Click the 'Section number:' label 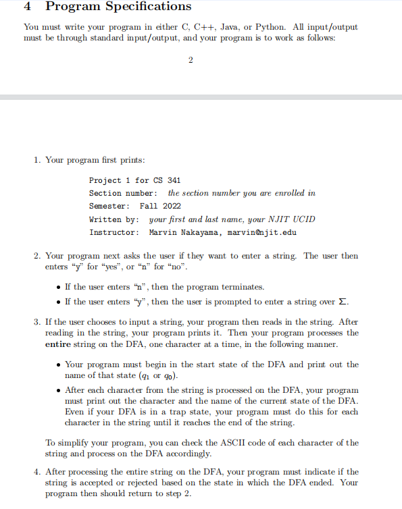point(123,193)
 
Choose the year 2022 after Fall point(172,206)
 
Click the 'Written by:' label point(114,219)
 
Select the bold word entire point(59,345)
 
